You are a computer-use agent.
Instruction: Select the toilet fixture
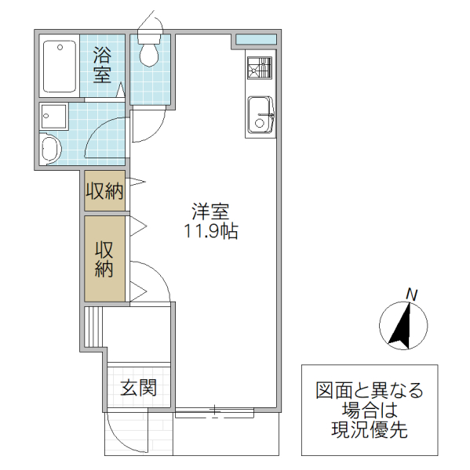pos(148,49)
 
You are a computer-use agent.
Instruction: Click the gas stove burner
pos(260,69)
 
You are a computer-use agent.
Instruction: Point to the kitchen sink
pos(259,115)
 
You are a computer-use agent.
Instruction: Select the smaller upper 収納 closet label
pos(104,192)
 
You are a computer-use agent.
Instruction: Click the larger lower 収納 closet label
pos(104,259)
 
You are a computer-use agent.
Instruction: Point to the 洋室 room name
pos(211,211)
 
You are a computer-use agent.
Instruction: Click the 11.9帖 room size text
pos(211,232)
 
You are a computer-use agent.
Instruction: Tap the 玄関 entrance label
pos(139,387)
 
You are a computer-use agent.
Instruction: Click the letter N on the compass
pos(411,294)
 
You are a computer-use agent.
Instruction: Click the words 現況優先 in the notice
pos(368,429)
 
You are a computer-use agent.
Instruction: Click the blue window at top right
pos(256,39)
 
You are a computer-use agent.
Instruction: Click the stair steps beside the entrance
pos(94,327)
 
